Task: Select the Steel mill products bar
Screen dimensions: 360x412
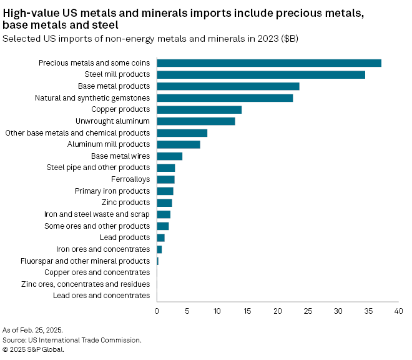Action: (x=261, y=74)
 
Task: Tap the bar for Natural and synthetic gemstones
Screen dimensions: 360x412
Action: (x=225, y=98)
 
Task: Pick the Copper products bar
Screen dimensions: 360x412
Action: (x=199, y=110)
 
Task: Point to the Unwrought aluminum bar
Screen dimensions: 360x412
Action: (x=196, y=121)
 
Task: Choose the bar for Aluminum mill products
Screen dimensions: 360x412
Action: (x=179, y=144)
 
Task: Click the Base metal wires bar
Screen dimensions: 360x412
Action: (x=170, y=156)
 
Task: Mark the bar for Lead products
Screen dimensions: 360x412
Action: (x=161, y=237)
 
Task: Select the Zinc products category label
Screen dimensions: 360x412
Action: (x=125, y=202)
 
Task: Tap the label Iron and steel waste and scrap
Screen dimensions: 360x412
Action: (x=97, y=214)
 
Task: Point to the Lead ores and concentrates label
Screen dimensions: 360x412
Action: (x=102, y=296)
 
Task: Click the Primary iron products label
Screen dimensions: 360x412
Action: (x=112, y=191)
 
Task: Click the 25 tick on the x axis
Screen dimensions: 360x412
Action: (x=308, y=311)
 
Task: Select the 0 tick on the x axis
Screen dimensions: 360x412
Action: (x=157, y=311)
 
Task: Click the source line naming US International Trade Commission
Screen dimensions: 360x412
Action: (x=72, y=340)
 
